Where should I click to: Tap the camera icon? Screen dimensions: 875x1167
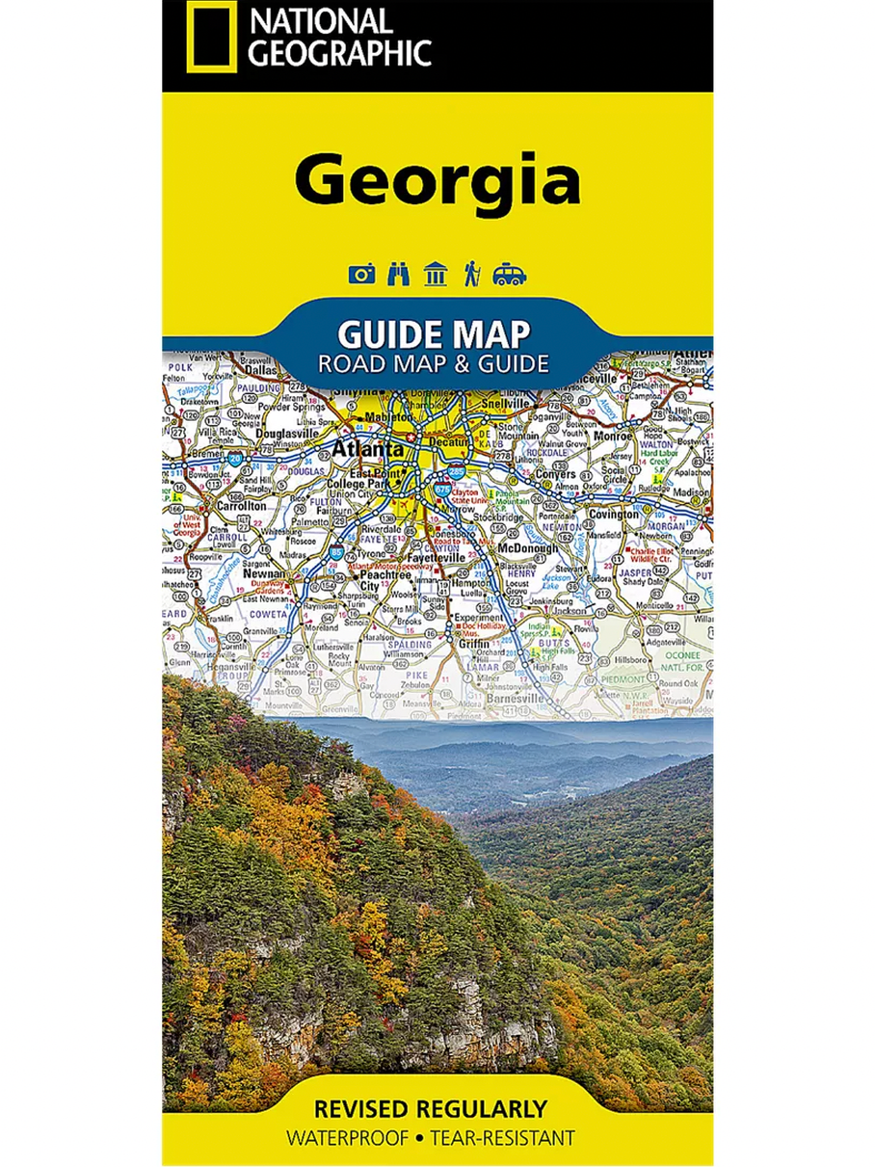click(x=361, y=275)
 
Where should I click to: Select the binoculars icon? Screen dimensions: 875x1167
click(x=398, y=275)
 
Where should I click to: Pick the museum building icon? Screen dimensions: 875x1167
click(x=435, y=275)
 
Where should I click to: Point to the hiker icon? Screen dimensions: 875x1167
click(x=472, y=275)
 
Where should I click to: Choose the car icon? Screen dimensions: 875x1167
click(x=510, y=275)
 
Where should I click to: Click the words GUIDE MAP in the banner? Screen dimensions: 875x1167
click(x=434, y=335)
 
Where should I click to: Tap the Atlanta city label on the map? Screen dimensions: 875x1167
click(x=369, y=449)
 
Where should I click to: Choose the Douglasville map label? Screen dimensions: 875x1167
click(x=286, y=435)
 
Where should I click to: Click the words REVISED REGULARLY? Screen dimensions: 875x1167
click(x=437, y=1108)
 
